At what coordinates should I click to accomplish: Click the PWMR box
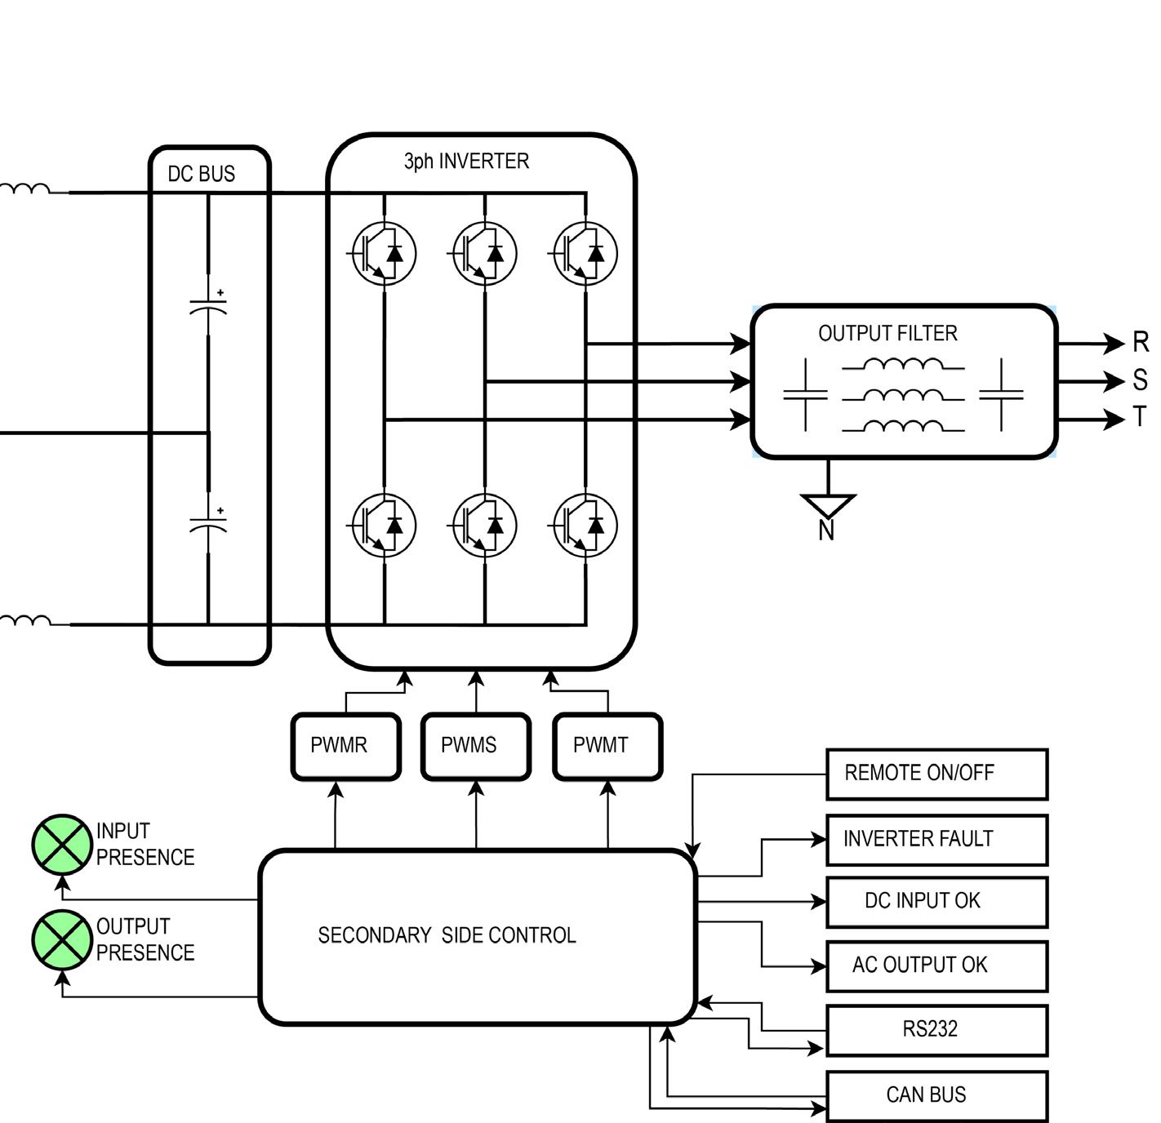coord(345,746)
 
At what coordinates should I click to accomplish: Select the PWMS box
coord(476,746)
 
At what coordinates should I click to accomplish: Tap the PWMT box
coord(607,746)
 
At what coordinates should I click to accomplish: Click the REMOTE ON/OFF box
coord(936,774)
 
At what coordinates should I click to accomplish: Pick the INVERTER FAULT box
coord(936,840)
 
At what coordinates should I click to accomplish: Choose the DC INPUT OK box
coord(936,902)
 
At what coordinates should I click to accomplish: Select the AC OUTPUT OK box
coord(936,966)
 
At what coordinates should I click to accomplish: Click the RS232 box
coord(936,1030)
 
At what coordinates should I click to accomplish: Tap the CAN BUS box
coord(936,1095)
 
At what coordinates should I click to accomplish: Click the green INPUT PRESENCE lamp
coord(62,844)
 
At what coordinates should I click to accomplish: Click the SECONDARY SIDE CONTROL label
coord(447,935)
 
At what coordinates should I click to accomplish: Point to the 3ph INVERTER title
coord(466,162)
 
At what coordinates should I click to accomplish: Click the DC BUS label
coord(201,174)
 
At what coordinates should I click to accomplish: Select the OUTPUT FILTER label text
coord(887,333)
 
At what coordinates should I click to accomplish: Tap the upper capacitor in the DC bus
coord(208,307)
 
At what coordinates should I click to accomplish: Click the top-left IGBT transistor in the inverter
coord(384,253)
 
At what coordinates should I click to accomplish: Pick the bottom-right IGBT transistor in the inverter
coord(585,525)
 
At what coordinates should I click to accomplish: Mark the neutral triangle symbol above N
coord(828,504)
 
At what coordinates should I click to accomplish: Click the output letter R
coord(1140,343)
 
